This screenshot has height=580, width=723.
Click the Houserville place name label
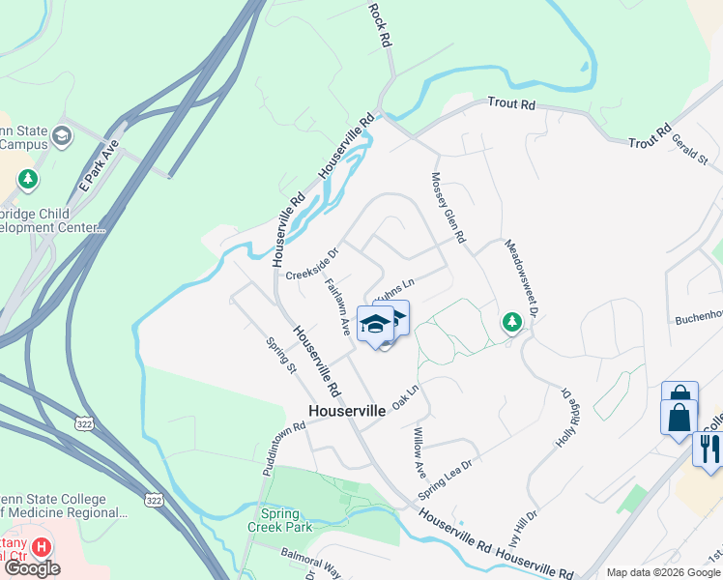tap(347, 411)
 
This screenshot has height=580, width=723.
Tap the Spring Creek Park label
tap(286, 520)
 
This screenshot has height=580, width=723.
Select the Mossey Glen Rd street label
tap(448, 208)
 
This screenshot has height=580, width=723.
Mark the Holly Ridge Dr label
tap(565, 418)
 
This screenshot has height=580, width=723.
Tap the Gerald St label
tap(690, 147)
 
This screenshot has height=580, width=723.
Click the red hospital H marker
tap(42, 547)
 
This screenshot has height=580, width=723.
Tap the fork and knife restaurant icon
tap(707, 449)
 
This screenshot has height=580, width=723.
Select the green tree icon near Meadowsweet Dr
tap(511, 323)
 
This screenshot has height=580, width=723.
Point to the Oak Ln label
tap(405, 396)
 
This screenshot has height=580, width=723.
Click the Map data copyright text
tap(663, 572)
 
